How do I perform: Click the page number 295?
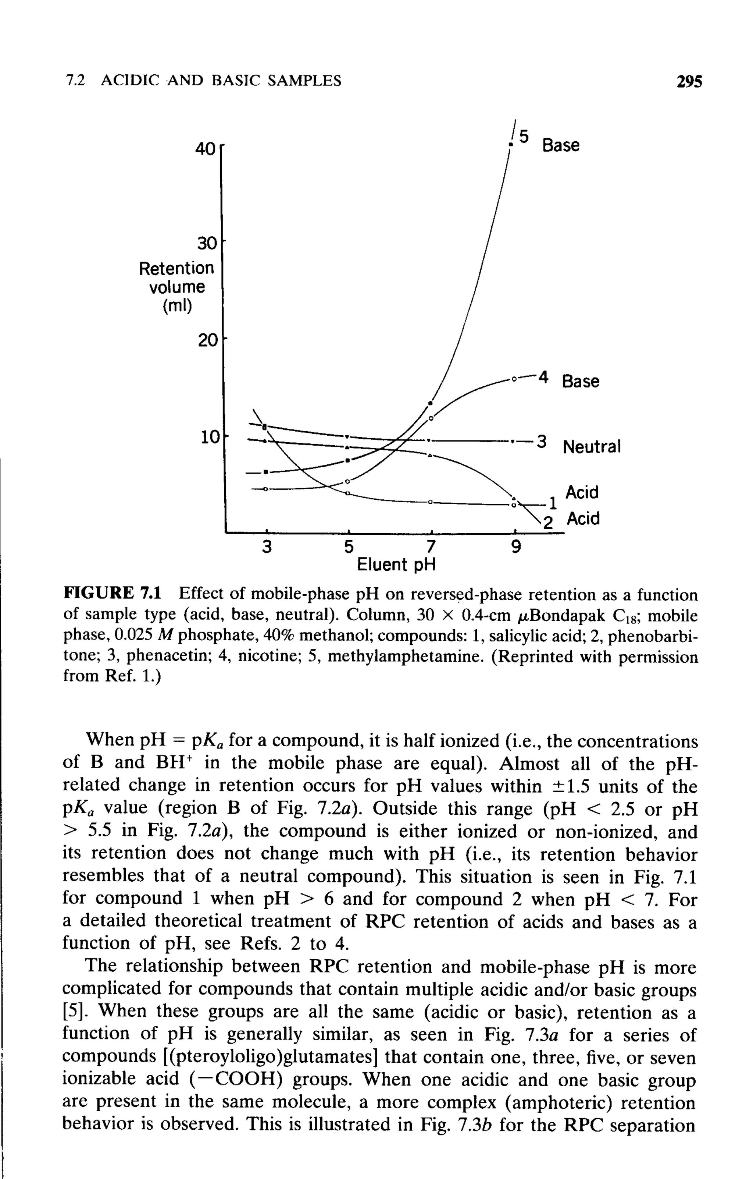[688, 81]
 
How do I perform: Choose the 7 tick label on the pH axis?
[430, 546]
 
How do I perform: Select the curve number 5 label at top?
[524, 137]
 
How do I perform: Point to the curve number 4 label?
[543, 378]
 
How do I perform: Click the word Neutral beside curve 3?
[592, 446]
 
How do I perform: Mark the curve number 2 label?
[548, 523]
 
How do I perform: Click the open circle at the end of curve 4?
[514, 379]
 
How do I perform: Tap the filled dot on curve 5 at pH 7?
[430, 403]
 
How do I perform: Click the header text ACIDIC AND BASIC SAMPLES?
[221, 80]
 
